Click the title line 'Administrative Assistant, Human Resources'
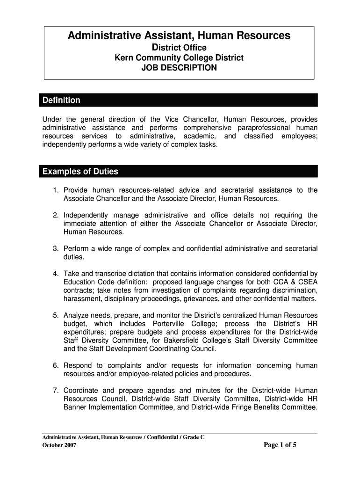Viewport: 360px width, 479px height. [x=179, y=36]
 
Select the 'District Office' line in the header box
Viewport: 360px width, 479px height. [x=179, y=48]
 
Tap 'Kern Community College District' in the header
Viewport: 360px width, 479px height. [x=179, y=58]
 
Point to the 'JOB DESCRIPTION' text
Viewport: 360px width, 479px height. [x=179, y=68]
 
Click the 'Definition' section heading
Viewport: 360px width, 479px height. [x=61, y=101]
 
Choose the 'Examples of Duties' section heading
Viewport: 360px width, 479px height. [x=80, y=172]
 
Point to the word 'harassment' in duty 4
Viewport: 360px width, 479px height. [x=81, y=299]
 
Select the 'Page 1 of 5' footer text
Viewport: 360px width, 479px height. [x=280, y=445]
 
